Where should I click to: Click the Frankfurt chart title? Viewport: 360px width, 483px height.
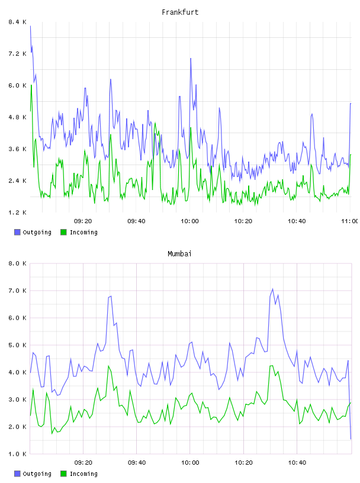tap(180, 12)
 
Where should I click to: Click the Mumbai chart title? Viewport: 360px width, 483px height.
tap(179, 254)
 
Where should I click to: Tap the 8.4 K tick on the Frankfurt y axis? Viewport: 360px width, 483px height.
tap(17, 22)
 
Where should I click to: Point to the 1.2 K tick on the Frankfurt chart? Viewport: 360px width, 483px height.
tap(17, 212)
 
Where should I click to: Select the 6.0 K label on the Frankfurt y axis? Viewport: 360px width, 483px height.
tap(17, 85)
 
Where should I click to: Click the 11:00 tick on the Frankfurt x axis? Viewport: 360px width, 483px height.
tap(350, 221)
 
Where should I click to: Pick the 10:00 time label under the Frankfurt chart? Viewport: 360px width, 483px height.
tap(189, 221)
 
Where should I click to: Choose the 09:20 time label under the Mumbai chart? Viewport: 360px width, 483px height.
tap(83, 463)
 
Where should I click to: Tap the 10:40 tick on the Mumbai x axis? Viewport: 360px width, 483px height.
tap(297, 463)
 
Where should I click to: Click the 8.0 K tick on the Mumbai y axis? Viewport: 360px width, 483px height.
tap(17, 263)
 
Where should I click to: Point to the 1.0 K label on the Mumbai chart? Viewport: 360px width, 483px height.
tap(17, 454)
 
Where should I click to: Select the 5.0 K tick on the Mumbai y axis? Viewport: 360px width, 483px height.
tap(17, 345)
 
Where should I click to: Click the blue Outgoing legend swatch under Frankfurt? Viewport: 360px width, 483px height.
tap(17, 232)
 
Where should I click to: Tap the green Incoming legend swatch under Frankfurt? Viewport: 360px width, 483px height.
tap(63, 232)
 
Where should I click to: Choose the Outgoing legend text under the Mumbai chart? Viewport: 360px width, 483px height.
tap(37, 474)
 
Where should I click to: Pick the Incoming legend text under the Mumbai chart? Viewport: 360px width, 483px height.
tap(83, 474)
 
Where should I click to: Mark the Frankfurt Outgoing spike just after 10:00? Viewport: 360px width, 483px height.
tap(191, 58)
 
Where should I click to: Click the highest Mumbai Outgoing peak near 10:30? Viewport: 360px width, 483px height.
tap(272, 289)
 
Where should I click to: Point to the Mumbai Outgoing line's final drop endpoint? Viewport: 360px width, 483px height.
tap(351, 439)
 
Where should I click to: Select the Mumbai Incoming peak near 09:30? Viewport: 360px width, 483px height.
tap(108, 366)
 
